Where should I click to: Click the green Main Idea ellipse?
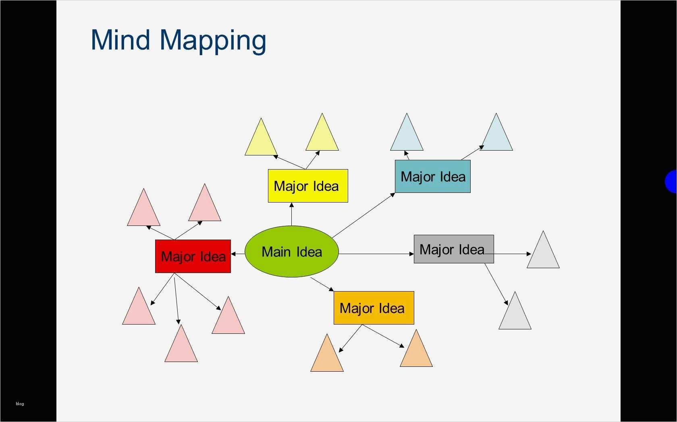tap(292, 251)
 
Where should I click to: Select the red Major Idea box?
tap(193, 256)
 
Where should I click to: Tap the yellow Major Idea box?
tap(308, 186)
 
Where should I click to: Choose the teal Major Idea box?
tap(432, 176)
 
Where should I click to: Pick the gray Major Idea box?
tap(454, 249)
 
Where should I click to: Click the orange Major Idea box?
tap(374, 308)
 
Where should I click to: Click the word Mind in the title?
tap(120, 39)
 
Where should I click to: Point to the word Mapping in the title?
tap(213, 42)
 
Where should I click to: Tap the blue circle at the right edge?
tap(671, 181)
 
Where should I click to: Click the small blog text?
tap(20, 403)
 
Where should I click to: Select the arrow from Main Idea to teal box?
tap(363, 215)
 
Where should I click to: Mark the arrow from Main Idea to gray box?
tap(376, 254)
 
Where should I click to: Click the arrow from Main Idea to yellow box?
tap(292, 214)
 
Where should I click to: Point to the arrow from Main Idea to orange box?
tap(322, 284)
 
